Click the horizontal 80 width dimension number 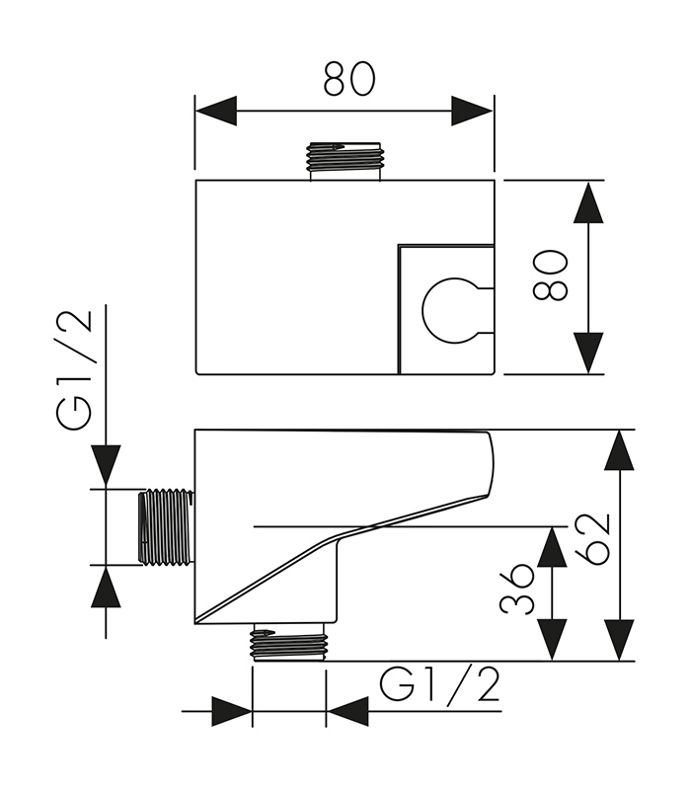[349, 78]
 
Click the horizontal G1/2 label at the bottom [440, 684]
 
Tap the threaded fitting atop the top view [344, 158]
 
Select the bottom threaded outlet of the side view [289, 644]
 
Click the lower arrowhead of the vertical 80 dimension [588, 353]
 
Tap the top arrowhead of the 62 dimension [619, 451]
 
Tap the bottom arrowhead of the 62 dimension [619, 639]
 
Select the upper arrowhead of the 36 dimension [552, 547]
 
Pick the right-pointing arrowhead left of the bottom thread [231, 711]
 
